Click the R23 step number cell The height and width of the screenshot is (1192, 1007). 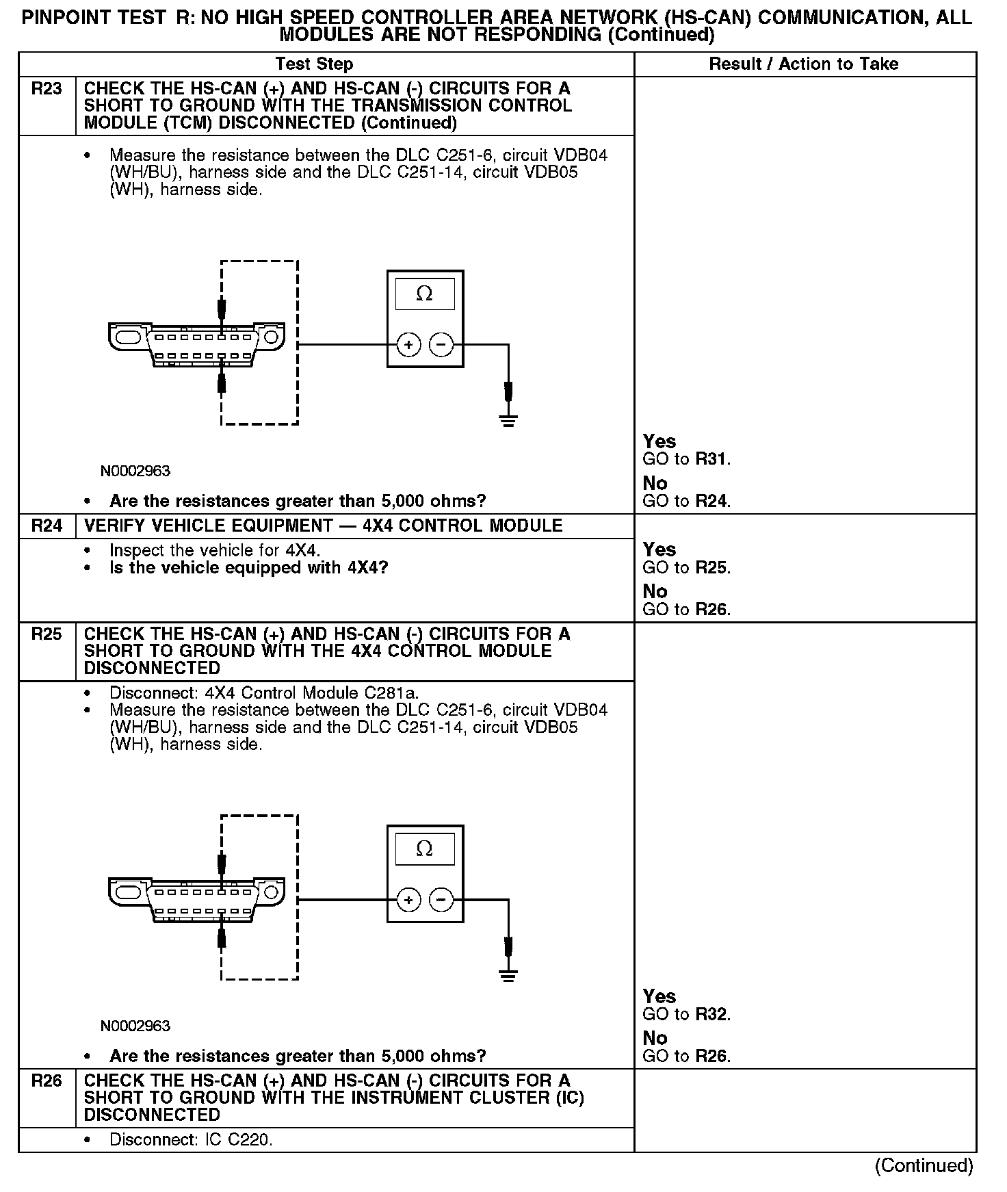point(47,89)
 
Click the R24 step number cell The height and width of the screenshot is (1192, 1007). point(47,526)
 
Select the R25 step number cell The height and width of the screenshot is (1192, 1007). point(47,634)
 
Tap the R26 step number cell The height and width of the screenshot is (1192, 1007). point(47,1081)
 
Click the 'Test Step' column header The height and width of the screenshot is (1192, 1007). point(314,64)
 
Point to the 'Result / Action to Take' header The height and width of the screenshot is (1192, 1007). point(804,64)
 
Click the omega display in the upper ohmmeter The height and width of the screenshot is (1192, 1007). point(424,294)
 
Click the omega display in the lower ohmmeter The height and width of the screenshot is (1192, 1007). point(424,849)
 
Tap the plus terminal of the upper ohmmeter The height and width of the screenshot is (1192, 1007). point(408,345)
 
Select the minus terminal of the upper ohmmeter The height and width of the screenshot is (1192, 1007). point(441,345)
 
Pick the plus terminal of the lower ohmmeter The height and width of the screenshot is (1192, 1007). point(408,900)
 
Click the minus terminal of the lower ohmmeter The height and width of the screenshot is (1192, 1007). point(441,900)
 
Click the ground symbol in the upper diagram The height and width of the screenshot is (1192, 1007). point(508,419)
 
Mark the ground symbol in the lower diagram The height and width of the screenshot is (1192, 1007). point(508,974)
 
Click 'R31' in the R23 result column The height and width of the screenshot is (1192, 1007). point(710,460)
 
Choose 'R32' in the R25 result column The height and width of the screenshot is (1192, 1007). point(710,1015)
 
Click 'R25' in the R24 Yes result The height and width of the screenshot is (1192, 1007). point(710,568)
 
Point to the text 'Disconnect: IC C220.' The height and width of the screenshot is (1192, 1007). point(191,1140)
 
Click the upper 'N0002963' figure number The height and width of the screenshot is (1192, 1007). point(135,471)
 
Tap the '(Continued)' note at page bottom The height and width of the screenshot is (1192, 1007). point(924,1166)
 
